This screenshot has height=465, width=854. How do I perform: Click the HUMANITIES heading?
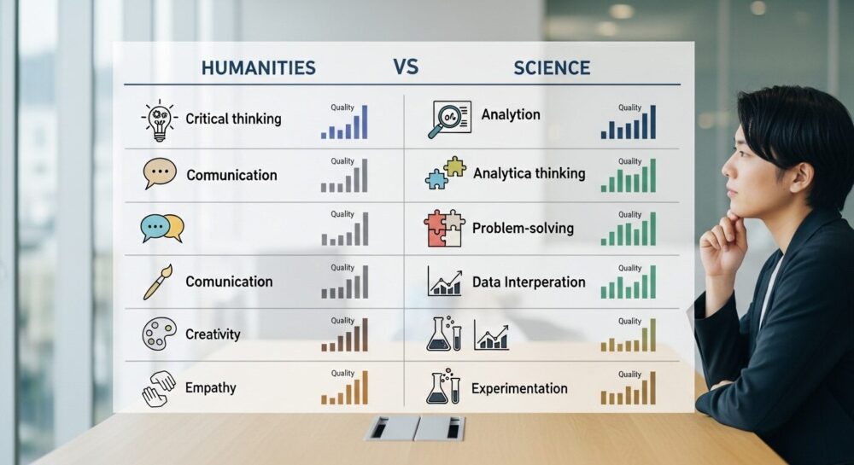pyautogui.click(x=258, y=67)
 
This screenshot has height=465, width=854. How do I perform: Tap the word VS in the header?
pyautogui.click(x=406, y=67)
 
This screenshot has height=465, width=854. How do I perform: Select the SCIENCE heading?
pyautogui.click(x=552, y=68)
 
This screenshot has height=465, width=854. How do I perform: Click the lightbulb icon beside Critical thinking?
pyautogui.click(x=159, y=120)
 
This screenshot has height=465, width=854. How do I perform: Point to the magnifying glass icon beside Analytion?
pyautogui.click(x=449, y=119)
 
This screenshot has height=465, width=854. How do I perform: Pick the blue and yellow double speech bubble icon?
pyautogui.click(x=162, y=228)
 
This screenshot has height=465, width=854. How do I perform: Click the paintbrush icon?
pyautogui.click(x=158, y=282)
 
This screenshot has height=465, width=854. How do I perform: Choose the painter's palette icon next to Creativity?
pyautogui.click(x=159, y=334)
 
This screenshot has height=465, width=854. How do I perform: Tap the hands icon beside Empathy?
pyautogui.click(x=159, y=388)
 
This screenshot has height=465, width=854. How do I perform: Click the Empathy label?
pyautogui.click(x=211, y=388)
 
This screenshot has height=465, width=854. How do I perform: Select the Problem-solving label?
pyautogui.click(x=523, y=228)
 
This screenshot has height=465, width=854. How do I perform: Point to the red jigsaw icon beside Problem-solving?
pyautogui.click(x=444, y=228)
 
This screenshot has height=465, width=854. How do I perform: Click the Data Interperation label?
pyautogui.click(x=529, y=282)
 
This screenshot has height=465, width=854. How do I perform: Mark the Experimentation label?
pyautogui.click(x=519, y=388)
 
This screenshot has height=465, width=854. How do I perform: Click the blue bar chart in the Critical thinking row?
pyautogui.click(x=344, y=122)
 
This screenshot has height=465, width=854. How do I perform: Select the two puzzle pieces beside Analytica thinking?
pyautogui.click(x=446, y=172)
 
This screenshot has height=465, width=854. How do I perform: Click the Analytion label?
pyautogui.click(x=511, y=114)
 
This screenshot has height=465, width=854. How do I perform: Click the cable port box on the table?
pyautogui.click(x=414, y=428)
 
